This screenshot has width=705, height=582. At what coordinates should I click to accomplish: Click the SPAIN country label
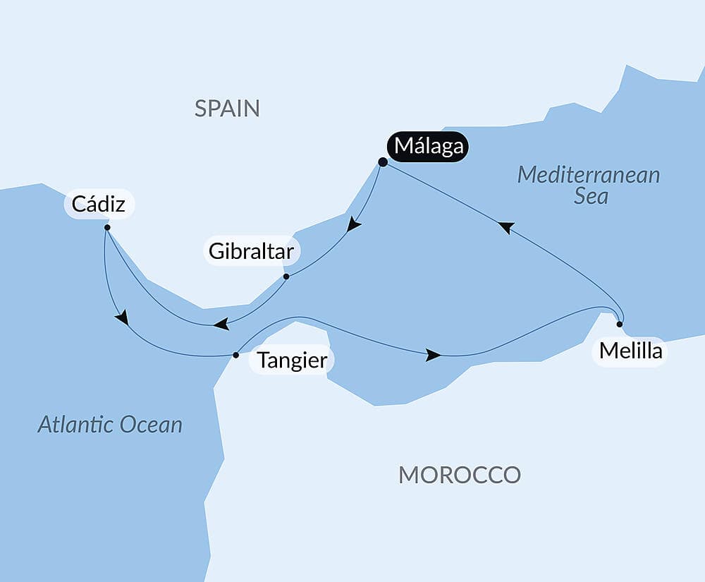(227, 109)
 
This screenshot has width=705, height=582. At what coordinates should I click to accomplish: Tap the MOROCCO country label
(460, 475)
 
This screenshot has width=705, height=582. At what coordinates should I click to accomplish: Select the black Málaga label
(429, 147)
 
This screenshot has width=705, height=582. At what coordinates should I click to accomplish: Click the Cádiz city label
(99, 205)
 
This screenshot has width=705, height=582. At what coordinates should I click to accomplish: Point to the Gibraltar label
(252, 251)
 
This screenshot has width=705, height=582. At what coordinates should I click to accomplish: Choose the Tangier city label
(292, 360)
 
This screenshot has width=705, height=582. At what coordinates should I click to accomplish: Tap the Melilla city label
(630, 351)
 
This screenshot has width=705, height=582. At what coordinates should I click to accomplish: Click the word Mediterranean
(589, 174)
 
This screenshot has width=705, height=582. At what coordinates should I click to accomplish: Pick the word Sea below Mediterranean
(591, 196)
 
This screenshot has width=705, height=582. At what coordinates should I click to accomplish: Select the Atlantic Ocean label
(110, 424)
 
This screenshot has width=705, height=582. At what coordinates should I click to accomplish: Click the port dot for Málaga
(383, 162)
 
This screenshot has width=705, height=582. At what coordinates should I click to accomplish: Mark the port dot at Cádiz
(106, 228)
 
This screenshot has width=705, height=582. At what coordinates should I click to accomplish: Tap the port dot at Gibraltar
(286, 277)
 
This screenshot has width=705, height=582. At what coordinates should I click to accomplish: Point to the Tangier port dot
(235, 355)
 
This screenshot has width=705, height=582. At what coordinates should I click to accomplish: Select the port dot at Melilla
(620, 325)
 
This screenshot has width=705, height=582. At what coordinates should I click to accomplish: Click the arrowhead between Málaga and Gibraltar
(353, 225)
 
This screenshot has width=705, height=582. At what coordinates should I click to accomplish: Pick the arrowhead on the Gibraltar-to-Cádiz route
(221, 324)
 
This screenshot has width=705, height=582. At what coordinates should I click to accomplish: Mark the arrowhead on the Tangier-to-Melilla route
(434, 356)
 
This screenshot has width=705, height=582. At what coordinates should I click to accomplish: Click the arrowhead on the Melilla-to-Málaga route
(505, 227)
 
